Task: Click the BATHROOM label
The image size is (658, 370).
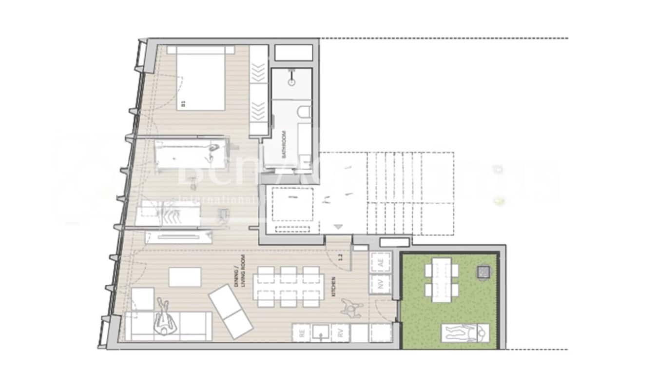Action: pos(284,144)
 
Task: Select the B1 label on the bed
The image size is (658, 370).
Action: pos(184,103)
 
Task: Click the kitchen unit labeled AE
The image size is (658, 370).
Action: pos(381,263)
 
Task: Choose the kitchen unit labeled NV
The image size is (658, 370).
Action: pos(381,284)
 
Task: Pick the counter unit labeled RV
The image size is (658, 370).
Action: pos(340,333)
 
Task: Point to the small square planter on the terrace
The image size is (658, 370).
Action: pos(483,272)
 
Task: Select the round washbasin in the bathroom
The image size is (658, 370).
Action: pos(291,82)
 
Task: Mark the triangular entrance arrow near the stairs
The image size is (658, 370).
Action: pos(339,227)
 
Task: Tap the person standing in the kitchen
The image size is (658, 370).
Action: pos(351,306)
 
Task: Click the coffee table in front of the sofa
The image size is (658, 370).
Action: pos(185,277)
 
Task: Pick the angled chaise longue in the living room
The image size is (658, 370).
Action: pos(231,311)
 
